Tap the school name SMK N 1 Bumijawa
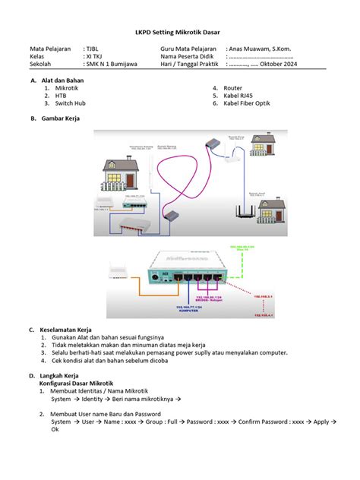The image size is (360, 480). pyautogui.click(x=117, y=65)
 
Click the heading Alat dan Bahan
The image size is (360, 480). pyautogui.click(x=62, y=81)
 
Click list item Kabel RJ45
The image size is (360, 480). pyautogui.click(x=238, y=96)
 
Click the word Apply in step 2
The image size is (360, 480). pyautogui.click(x=320, y=422)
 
